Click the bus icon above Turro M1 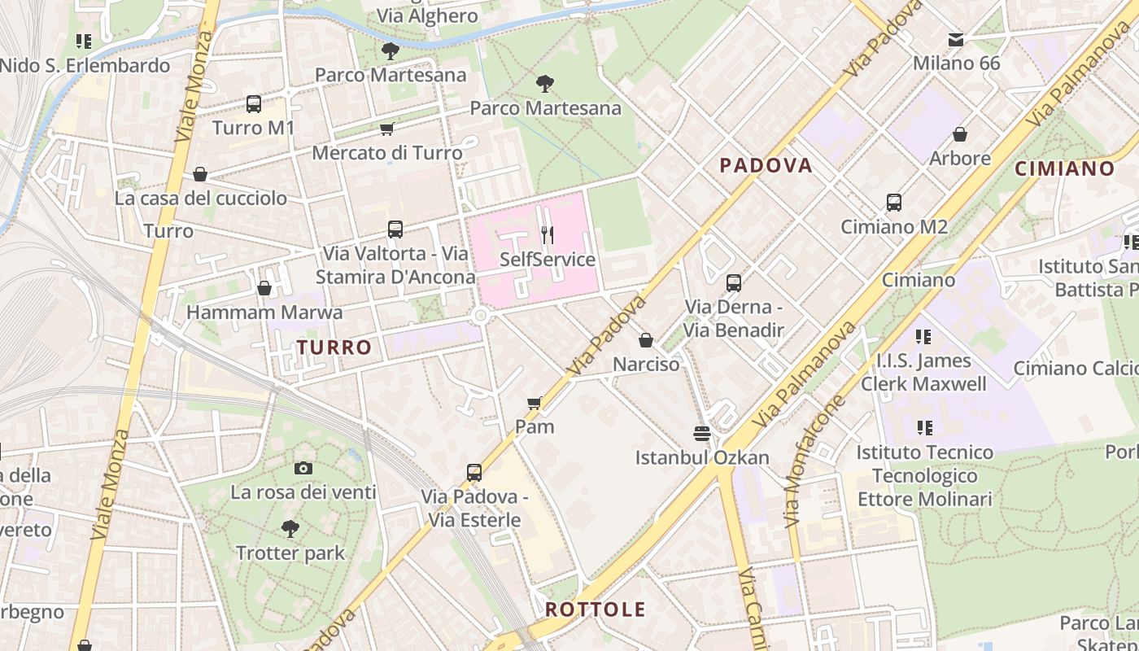[254, 104]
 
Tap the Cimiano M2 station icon [893, 203]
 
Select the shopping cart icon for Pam [535, 403]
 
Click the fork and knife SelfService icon [548, 236]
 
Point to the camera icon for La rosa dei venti [303, 468]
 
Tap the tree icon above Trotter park [290, 529]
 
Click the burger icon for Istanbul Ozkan [702, 433]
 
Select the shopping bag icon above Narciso [646, 340]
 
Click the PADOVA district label [766, 166]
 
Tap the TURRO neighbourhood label [334, 347]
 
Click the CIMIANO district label [1064, 168]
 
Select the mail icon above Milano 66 [956, 39]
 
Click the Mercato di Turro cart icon [387, 129]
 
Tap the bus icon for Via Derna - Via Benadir [734, 283]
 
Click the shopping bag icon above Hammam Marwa [264, 288]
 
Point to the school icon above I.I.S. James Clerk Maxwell [923, 336]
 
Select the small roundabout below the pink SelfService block [481, 316]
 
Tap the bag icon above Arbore [960, 134]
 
